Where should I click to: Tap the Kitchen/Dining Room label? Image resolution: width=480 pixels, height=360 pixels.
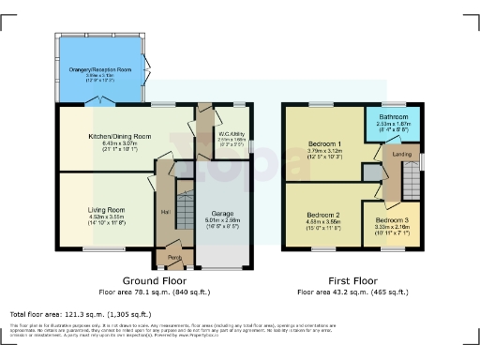[x=120, y=136]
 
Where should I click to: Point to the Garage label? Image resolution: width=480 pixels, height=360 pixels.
[x=221, y=214]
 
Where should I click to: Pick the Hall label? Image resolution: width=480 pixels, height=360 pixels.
[x=166, y=211]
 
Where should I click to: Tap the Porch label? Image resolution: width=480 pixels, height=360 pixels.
[x=174, y=256]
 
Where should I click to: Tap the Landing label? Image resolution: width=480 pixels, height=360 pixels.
[x=400, y=155]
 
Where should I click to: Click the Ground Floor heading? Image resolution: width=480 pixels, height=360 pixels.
[x=156, y=280]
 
